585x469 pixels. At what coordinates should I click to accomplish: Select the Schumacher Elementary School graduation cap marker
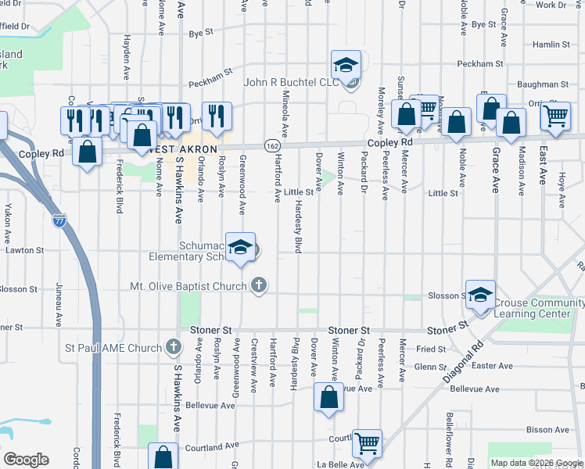(241, 247)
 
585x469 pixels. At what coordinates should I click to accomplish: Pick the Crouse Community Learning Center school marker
(480, 295)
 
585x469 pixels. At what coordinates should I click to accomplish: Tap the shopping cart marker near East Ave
(555, 116)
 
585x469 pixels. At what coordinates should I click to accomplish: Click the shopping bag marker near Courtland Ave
(162, 459)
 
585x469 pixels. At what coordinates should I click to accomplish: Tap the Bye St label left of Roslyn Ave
(201, 33)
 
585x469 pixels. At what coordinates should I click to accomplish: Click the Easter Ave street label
(493, 366)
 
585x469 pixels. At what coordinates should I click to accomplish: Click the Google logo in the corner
(26, 460)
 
